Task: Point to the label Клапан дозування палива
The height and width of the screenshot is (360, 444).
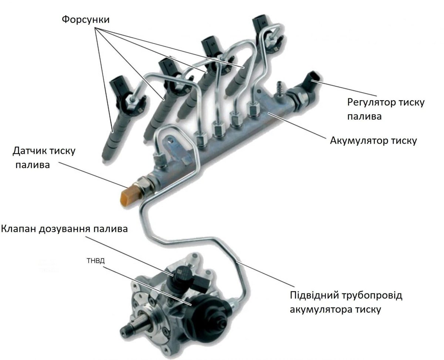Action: point(64,228)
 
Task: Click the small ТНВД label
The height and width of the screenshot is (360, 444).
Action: point(96,261)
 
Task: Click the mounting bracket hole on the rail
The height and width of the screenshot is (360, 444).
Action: point(171,140)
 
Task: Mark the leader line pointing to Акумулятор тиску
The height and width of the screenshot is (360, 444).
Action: point(296,126)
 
